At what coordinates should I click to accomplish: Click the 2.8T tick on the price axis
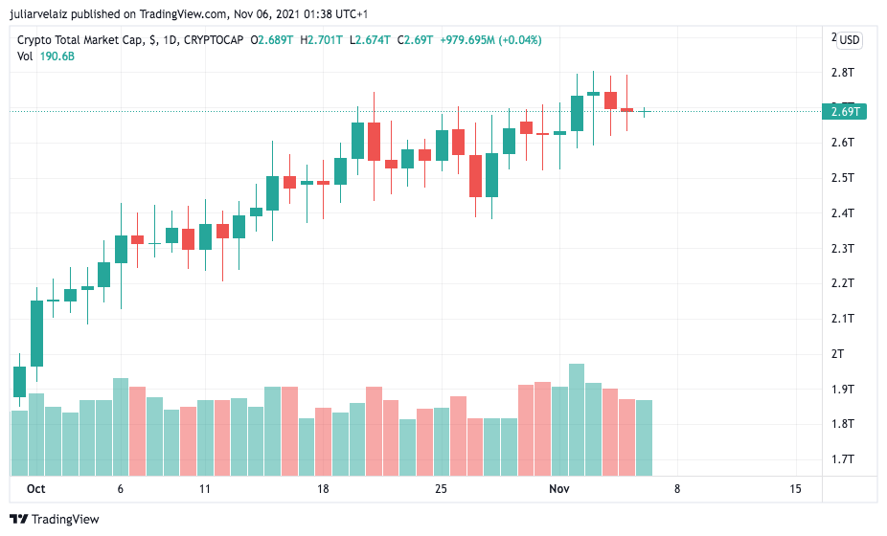843,73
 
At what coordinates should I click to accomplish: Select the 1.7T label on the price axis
843,459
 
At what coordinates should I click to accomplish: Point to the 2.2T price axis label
843,283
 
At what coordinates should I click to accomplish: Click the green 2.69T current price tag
846,112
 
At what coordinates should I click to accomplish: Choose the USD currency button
850,40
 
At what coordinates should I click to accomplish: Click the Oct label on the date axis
35,489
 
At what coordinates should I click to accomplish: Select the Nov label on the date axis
559,489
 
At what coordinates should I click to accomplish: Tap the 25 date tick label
441,489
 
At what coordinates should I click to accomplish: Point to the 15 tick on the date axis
795,489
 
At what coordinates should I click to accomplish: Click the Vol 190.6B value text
57,56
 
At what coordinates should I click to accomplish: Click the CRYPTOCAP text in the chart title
213,40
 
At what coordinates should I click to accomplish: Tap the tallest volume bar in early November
577,419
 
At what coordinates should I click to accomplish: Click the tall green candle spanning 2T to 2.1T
36,333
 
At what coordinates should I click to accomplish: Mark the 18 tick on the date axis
323,489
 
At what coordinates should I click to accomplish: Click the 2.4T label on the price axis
843,213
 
